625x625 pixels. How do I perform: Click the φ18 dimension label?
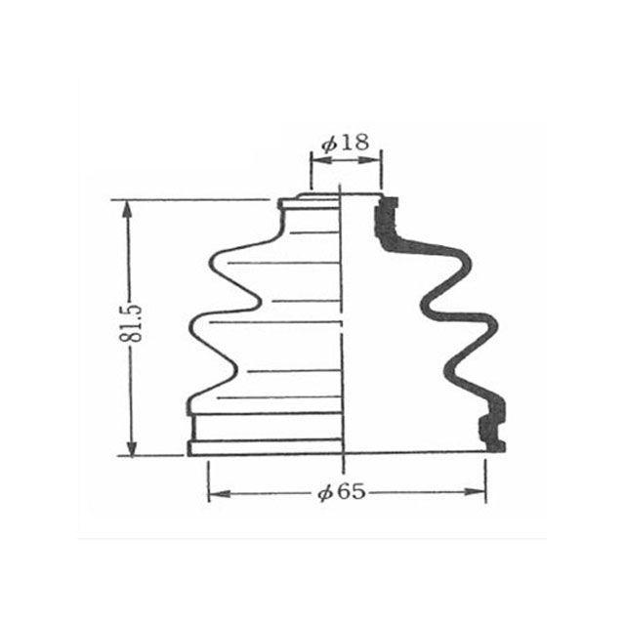[346, 143]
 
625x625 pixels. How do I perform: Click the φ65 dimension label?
[342, 492]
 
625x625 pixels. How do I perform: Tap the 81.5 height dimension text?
[130, 323]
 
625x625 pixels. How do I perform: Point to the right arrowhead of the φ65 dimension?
[475, 492]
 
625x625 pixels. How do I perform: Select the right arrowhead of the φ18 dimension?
[370, 160]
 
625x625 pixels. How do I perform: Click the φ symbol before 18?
[329, 145]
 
